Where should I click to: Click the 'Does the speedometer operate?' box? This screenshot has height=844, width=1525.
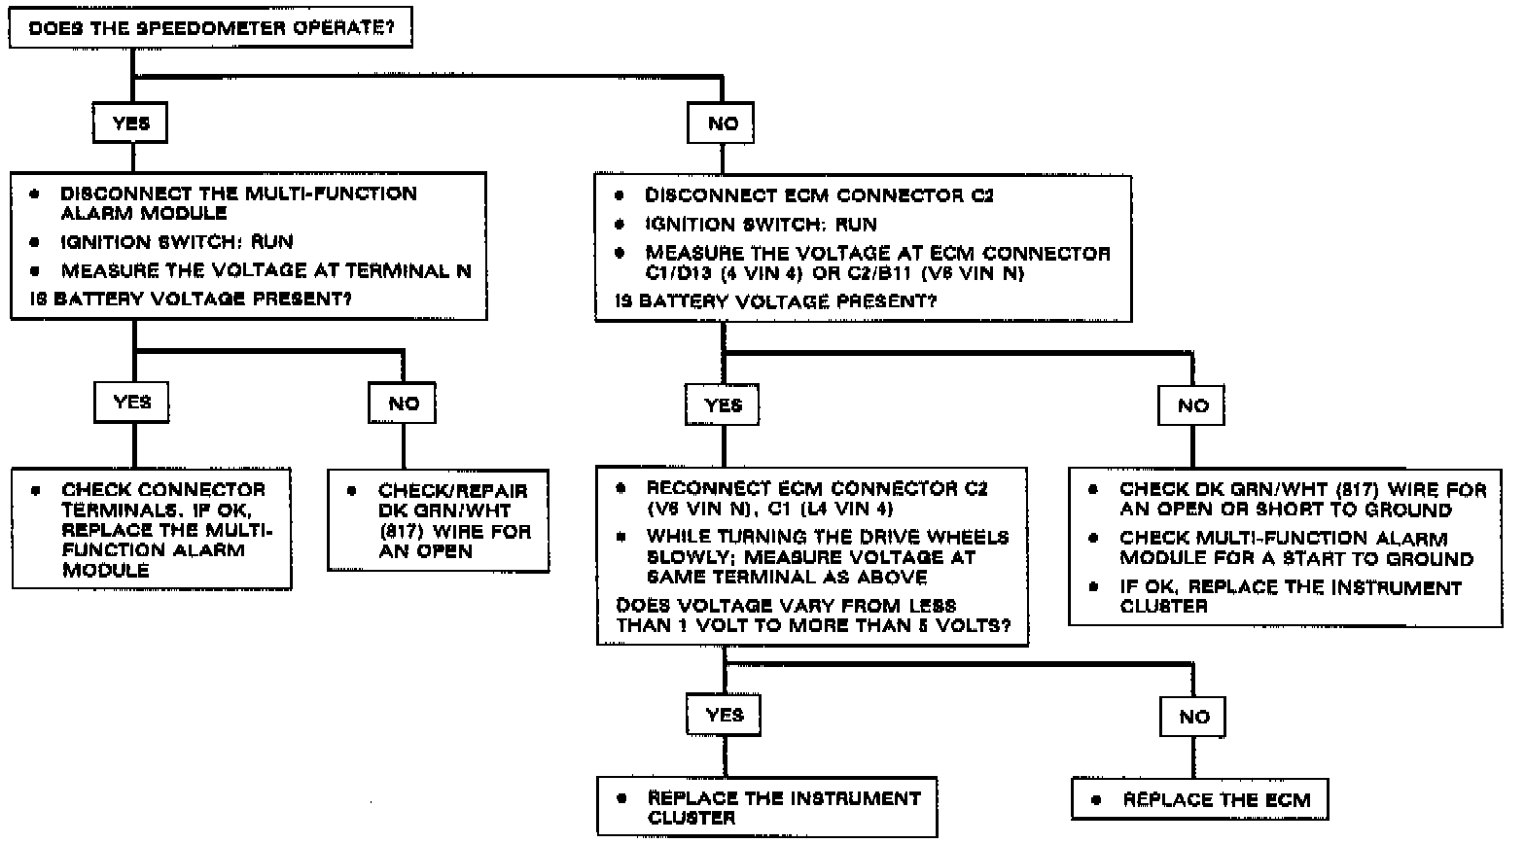coord(209,27)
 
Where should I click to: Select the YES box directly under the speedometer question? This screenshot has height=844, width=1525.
coord(130,123)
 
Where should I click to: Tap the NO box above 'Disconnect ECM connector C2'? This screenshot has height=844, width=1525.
coord(722,124)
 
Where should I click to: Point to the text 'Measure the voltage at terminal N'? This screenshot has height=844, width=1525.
coord(266,270)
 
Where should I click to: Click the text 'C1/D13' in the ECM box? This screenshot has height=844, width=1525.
coord(682,273)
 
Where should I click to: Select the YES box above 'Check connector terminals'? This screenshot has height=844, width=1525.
coord(132,402)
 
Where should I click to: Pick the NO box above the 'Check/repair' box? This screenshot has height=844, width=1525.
coord(404,403)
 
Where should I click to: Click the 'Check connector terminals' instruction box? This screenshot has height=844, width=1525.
coord(152,529)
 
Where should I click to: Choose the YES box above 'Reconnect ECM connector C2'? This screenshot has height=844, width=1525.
coord(723,404)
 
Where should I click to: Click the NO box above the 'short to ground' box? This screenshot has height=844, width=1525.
coord(1192,404)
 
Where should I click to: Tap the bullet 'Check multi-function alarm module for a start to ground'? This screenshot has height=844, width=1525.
coord(1296,548)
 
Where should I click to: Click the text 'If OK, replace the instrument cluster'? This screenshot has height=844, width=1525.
coord(1290,596)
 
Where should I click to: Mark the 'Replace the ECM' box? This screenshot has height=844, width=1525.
coord(1200,800)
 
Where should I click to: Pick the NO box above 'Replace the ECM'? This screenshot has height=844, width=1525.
coord(1193,718)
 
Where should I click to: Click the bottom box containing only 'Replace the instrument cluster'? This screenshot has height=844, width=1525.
coord(767,807)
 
